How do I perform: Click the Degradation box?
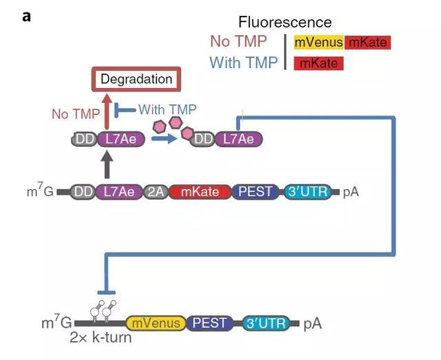pyautogui.click(x=136, y=79)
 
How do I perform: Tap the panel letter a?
pyautogui.click(x=27, y=15)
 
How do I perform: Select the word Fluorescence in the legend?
pyautogui.click(x=285, y=23)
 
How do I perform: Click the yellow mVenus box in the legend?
pyautogui.click(x=318, y=43)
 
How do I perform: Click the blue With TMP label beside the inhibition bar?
pyautogui.click(x=167, y=109)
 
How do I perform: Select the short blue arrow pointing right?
pyautogui.click(x=163, y=138)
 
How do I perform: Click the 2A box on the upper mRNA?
pyautogui.click(x=154, y=191)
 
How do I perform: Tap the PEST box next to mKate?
pyautogui.click(x=256, y=191)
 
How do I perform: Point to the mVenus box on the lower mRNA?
pyautogui.click(x=157, y=322)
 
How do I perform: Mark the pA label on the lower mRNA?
pyautogui.click(x=312, y=322)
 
